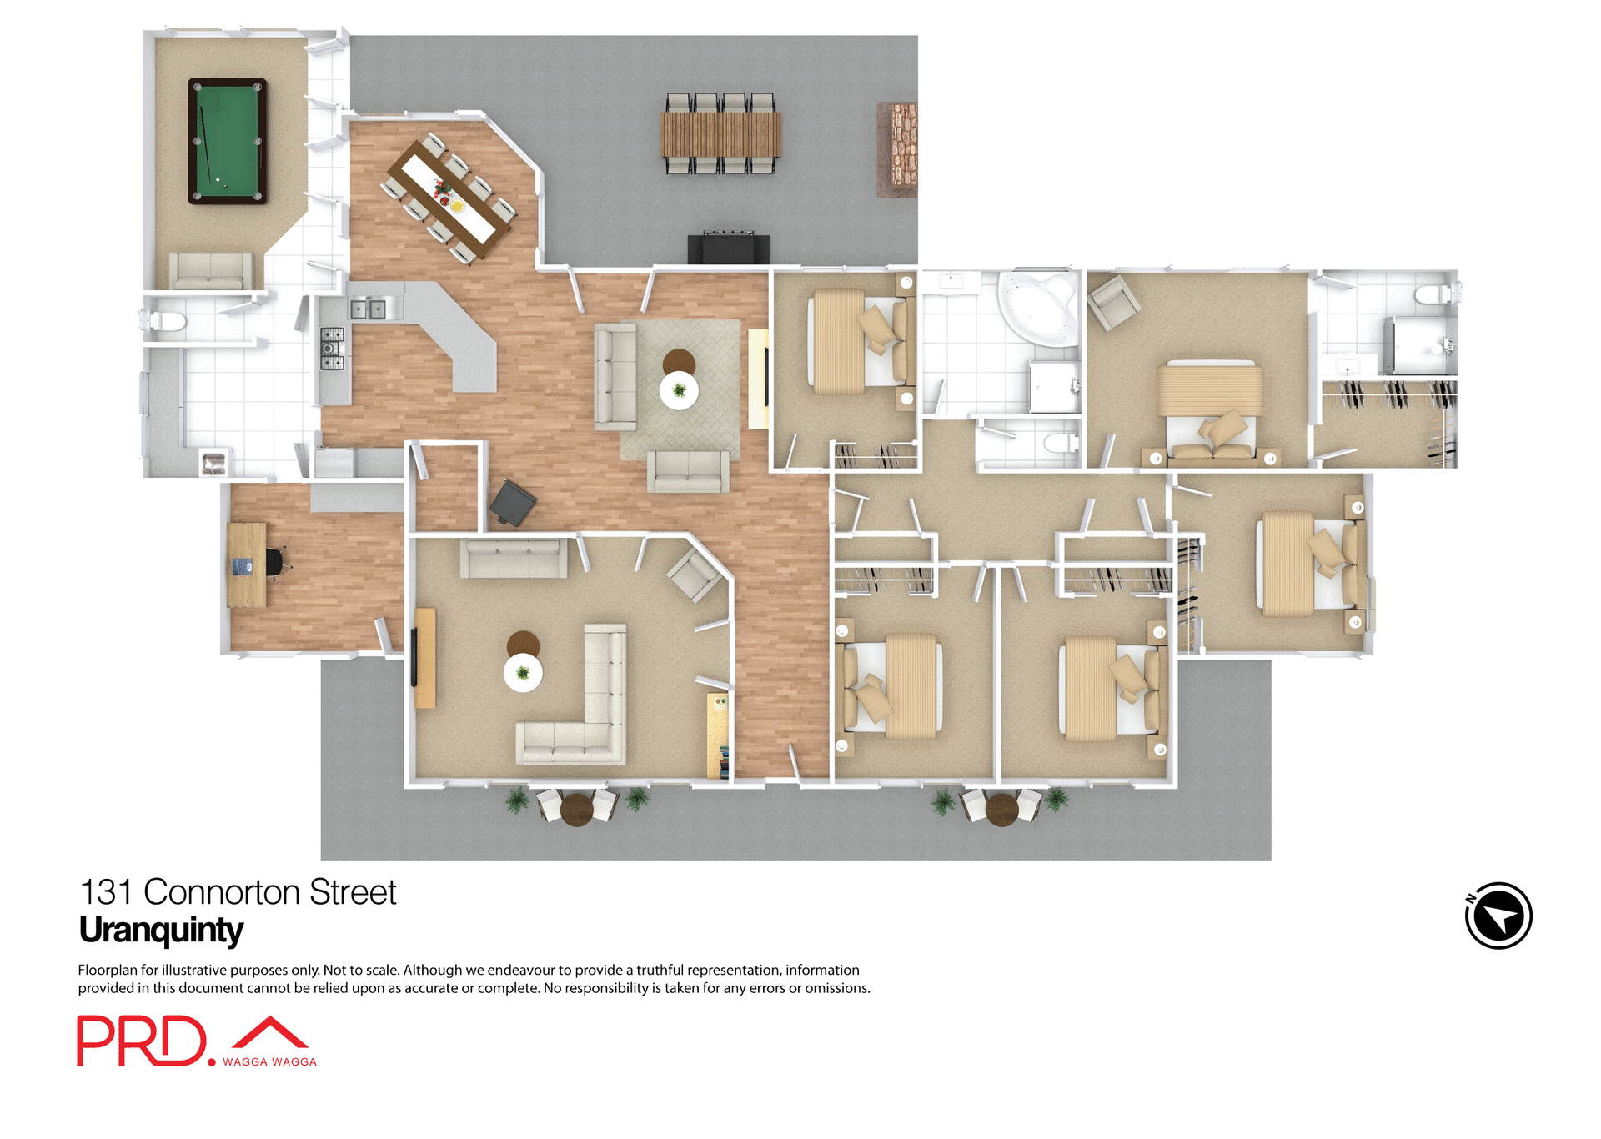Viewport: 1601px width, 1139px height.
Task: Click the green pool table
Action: click(227, 141)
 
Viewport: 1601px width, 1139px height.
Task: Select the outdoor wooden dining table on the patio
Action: click(720, 134)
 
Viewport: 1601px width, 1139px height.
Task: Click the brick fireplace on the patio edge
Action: click(897, 149)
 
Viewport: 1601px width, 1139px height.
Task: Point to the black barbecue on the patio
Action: click(728, 248)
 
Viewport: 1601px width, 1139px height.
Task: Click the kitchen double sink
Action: click(368, 309)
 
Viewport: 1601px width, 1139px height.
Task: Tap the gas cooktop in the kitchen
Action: click(332, 349)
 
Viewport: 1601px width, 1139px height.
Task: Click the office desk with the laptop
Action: click(247, 564)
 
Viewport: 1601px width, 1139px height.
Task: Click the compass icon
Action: click(1498, 916)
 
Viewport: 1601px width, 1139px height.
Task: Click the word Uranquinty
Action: click(161, 931)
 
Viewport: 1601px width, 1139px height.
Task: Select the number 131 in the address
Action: click(106, 892)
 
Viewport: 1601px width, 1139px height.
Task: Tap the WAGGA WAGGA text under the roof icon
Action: click(269, 1061)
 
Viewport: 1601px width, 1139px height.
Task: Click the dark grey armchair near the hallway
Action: click(512, 503)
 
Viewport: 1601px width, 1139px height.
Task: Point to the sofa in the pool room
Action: click(211, 270)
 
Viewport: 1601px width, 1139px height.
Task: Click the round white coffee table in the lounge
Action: click(523, 672)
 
